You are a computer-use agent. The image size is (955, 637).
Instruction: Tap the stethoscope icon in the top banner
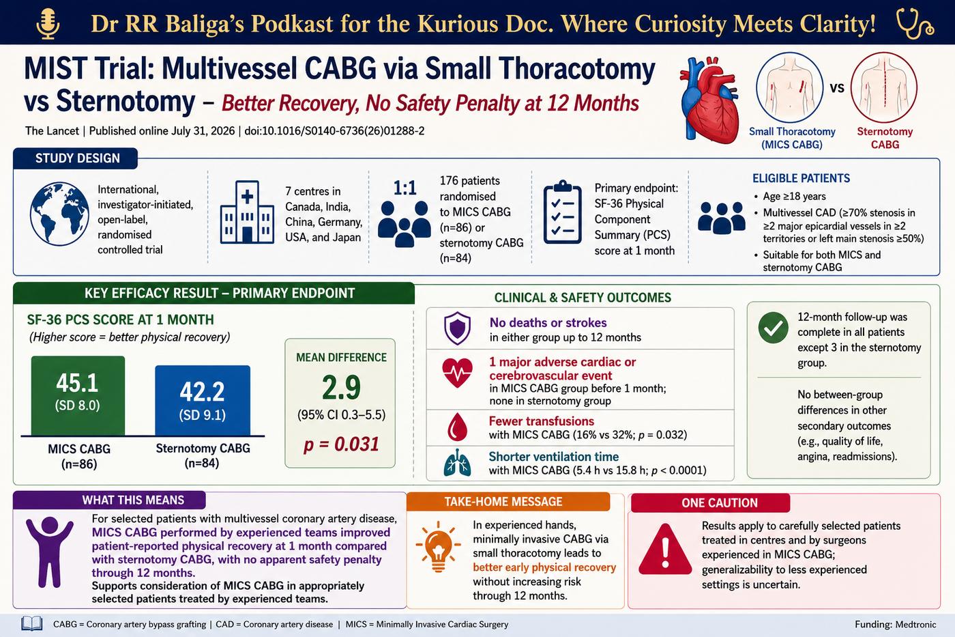(915, 24)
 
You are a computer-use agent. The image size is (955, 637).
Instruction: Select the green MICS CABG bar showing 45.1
(78, 396)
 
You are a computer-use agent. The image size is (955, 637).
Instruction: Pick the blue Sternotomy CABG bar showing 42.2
(203, 401)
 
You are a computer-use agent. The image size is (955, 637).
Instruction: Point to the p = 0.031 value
(341, 444)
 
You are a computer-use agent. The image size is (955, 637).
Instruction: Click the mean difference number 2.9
(341, 387)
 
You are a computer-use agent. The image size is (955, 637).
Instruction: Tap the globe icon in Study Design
(59, 213)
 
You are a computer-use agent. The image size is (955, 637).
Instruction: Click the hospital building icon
(247, 212)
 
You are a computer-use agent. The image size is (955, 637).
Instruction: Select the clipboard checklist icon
(563, 212)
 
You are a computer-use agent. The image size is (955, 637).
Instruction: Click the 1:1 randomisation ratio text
(405, 188)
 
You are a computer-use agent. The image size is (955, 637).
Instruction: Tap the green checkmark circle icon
(774, 328)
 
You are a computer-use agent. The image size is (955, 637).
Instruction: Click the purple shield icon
(457, 328)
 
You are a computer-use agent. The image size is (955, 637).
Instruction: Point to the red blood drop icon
(457, 427)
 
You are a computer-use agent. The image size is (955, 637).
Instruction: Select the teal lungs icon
(457, 462)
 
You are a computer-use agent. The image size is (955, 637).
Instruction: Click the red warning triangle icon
(665, 550)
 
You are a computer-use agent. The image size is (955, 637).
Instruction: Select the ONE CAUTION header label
(719, 503)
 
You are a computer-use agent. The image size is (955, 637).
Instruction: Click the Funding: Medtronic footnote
(895, 625)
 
